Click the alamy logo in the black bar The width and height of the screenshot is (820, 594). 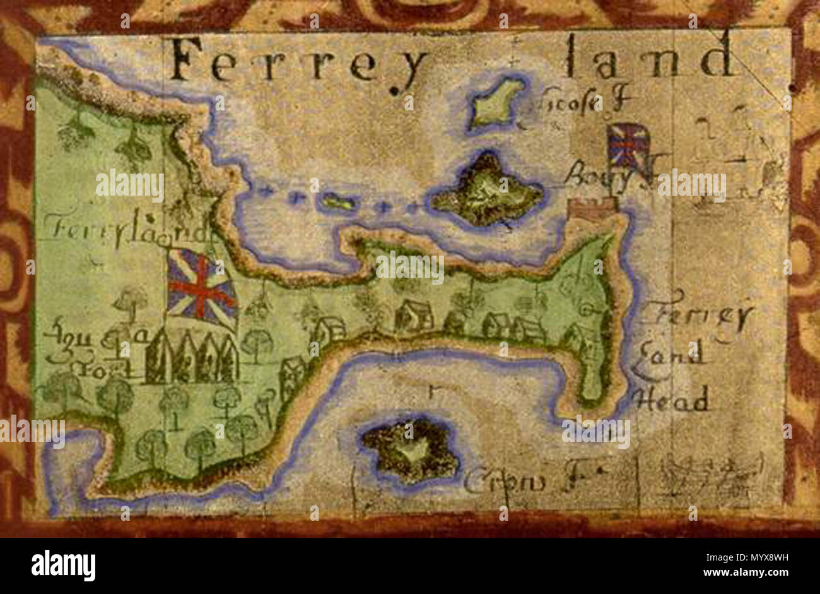[x=63, y=566]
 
